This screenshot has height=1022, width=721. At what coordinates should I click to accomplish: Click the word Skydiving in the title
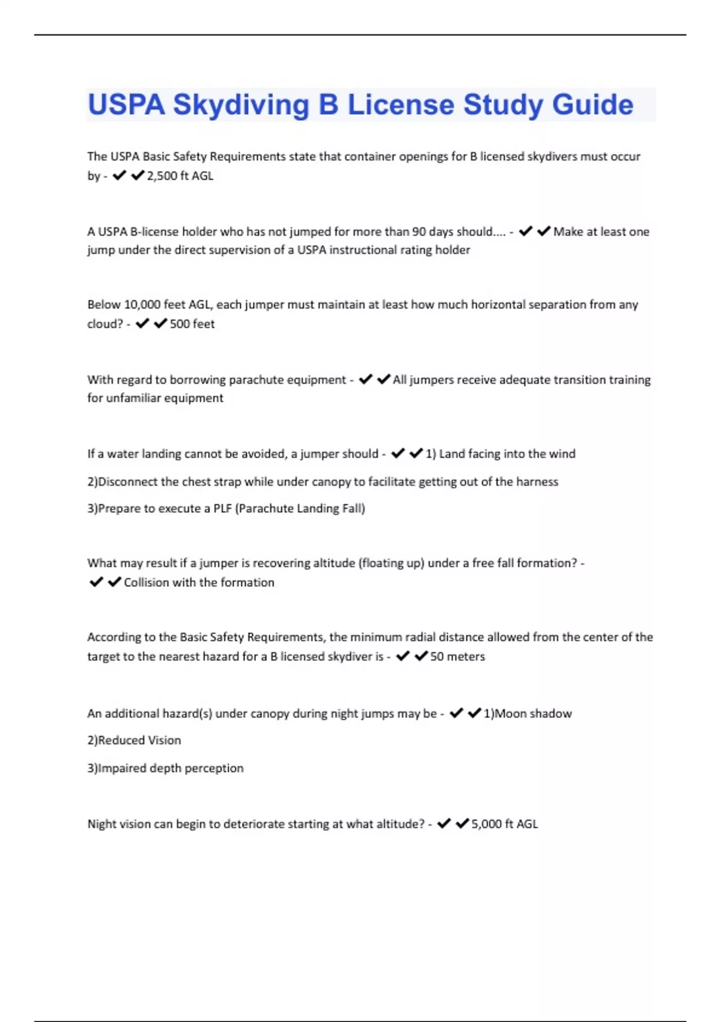[x=241, y=105]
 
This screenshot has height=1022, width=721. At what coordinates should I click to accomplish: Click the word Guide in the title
[x=592, y=105]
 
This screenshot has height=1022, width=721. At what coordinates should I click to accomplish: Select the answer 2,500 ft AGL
[x=180, y=176]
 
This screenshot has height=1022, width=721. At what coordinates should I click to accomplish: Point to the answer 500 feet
[x=192, y=324]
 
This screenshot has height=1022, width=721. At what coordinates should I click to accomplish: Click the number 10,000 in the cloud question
[x=142, y=305]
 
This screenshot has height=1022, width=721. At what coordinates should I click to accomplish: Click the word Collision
[x=146, y=583]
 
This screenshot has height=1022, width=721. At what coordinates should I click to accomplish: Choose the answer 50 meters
[x=457, y=656]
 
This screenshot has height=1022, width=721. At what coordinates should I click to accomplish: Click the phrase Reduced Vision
[x=139, y=741]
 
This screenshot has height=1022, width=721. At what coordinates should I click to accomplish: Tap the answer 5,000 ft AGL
[x=504, y=824]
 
